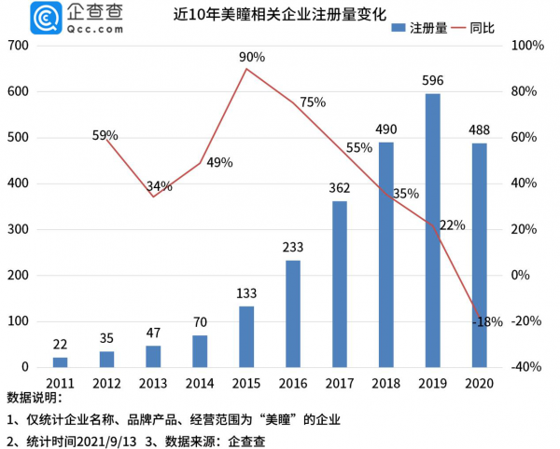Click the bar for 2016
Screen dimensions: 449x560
point(293,313)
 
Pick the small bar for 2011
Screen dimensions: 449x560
point(60,361)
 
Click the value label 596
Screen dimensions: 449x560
point(432,80)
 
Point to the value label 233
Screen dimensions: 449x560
point(293,247)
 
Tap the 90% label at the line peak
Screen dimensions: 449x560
point(252,57)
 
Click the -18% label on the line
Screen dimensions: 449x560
point(487,321)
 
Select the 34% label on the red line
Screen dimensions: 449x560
point(159,186)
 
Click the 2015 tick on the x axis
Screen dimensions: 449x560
point(246,382)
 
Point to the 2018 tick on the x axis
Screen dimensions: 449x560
point(385,382)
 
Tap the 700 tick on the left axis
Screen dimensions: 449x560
point(19,46)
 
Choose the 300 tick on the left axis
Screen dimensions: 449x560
point(19,229)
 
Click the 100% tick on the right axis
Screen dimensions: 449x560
point(527,46)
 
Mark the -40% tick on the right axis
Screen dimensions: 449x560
point(527,367)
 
